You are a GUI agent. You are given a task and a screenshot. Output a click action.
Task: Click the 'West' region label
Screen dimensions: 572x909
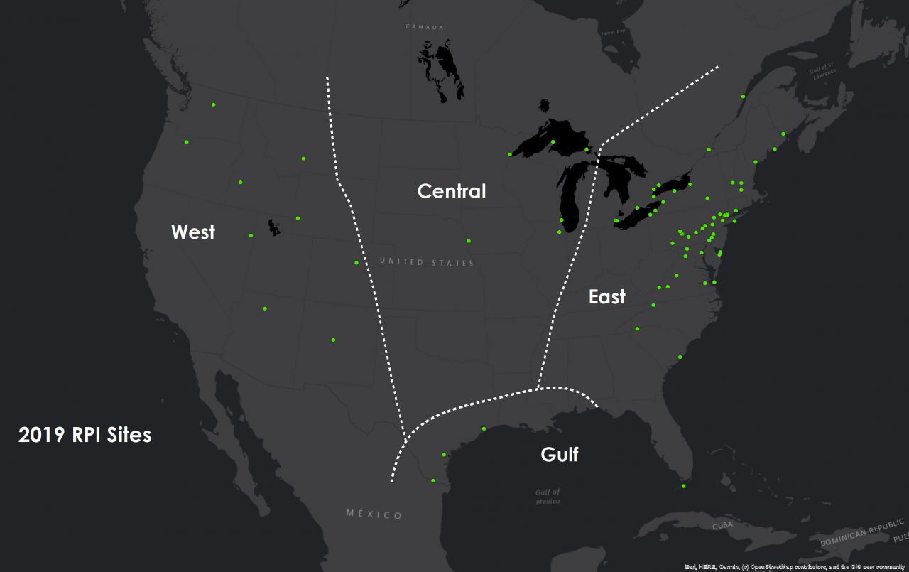coord(192,232)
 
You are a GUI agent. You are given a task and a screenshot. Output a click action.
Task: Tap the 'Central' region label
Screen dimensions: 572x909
coord(452,191)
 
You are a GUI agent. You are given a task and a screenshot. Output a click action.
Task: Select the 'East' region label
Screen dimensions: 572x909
coord(606,296)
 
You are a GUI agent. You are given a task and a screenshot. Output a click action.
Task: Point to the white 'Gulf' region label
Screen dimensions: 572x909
coord(559,454)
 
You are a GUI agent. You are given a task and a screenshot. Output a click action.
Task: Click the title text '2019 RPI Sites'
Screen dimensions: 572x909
coord(85,435)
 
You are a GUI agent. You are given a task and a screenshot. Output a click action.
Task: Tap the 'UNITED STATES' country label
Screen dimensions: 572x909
coord(426,262)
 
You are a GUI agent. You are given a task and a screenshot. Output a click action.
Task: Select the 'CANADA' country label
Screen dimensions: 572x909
coord(424,26)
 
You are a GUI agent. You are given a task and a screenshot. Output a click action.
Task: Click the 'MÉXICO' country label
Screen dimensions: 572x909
coord(374,514)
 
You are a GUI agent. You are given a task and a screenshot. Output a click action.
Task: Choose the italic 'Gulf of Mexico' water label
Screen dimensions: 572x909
coord(548,497)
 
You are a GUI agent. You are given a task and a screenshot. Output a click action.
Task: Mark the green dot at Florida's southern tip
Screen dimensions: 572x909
coord(683,486)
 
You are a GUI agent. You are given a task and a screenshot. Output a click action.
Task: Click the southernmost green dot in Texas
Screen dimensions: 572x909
coord(432,480)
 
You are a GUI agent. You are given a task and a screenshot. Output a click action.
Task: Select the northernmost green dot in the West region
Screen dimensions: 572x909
coord(213,105)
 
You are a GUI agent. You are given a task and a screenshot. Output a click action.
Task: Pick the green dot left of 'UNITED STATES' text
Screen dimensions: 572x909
coord(356,263)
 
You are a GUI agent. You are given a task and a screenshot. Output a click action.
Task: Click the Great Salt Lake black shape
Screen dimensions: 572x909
coord(273,227)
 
